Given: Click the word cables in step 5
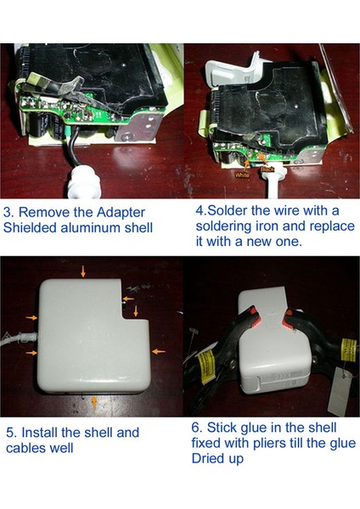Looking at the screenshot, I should tap(25, 447).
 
